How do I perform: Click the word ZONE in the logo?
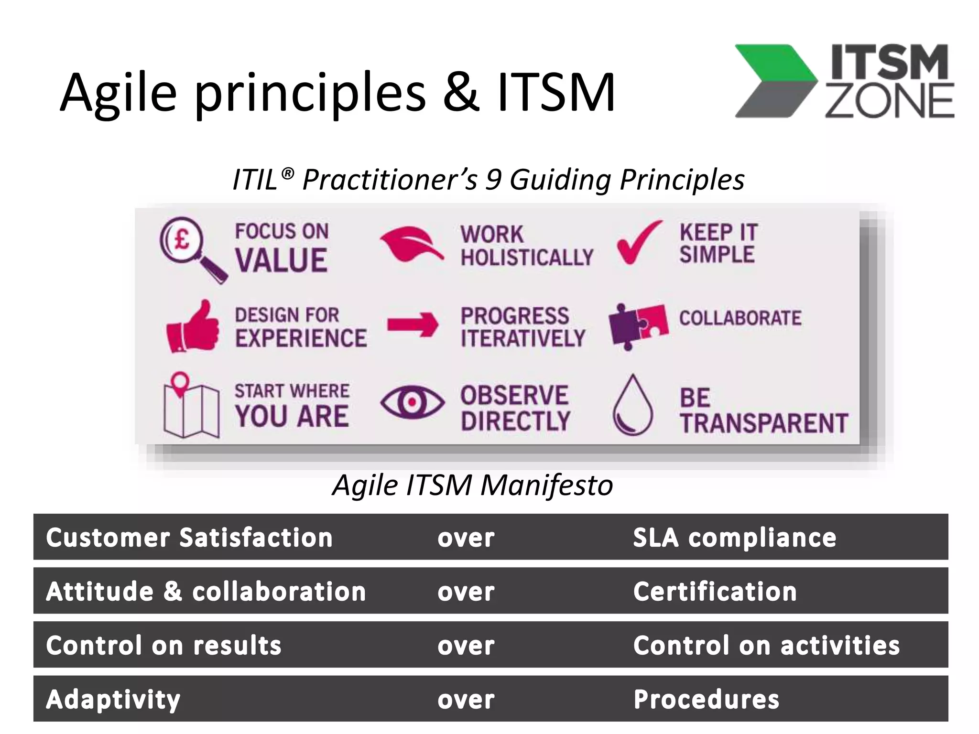pos(889,101)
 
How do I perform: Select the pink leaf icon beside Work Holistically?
pos(411,245)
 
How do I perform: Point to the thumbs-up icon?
pos(193,327)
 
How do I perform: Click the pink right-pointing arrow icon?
pos(412,325)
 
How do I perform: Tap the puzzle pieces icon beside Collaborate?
pos(638,326)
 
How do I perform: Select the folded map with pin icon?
pos(190,406)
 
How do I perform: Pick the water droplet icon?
pos(632,406)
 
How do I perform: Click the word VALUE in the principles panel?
pos(281,260)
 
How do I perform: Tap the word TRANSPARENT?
pos(763,423)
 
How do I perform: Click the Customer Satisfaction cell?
pos(189,538)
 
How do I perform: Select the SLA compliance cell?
pos(734,538)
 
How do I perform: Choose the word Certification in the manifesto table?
pos(715,592)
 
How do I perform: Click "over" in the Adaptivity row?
pos(466,700)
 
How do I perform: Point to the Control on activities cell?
pos(766,646)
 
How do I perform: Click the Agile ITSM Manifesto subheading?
pos(472,485)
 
